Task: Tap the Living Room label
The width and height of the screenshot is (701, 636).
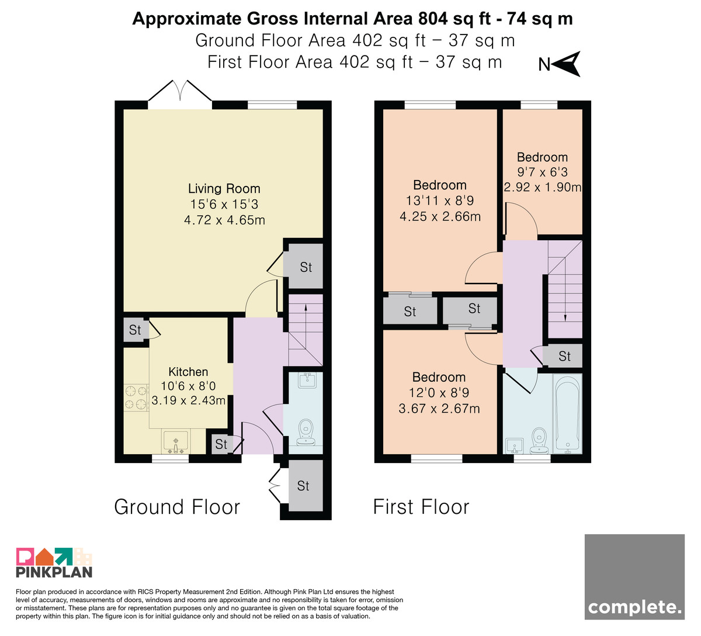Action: [224, 189]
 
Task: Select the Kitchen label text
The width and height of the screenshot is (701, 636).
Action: [188, 372]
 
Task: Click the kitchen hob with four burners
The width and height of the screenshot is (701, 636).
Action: [136, 397]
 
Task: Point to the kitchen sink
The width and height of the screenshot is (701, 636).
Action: [176, 442]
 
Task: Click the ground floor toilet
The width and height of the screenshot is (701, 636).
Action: [306, 433]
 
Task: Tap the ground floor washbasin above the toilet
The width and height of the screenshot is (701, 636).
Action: [307, 381]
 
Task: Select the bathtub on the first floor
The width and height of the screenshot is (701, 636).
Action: [568, 414]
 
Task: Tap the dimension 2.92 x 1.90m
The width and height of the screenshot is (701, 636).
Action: [542, 187]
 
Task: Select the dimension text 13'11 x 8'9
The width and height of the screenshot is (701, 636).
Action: [440, 201]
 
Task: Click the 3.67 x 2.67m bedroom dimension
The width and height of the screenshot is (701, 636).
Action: [439, 409]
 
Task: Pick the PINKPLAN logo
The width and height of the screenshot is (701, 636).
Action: [54, 563]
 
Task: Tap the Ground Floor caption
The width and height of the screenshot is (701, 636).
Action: [177, 507]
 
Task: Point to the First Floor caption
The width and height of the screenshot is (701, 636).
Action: [421, 507]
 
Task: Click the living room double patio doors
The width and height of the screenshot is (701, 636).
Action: [180, 91]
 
